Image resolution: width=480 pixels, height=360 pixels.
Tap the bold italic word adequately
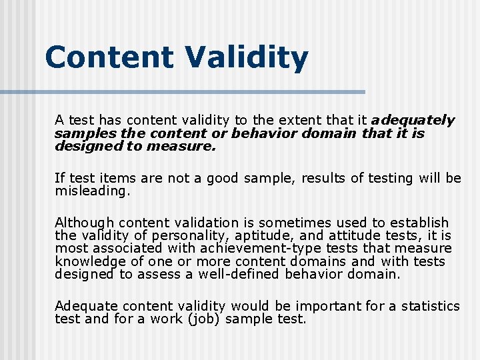coord(413,121)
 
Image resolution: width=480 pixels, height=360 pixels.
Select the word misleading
coord(93,191)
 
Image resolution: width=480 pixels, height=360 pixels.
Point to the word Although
coord(85,223)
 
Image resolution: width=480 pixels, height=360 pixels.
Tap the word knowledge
coord(87,261)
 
